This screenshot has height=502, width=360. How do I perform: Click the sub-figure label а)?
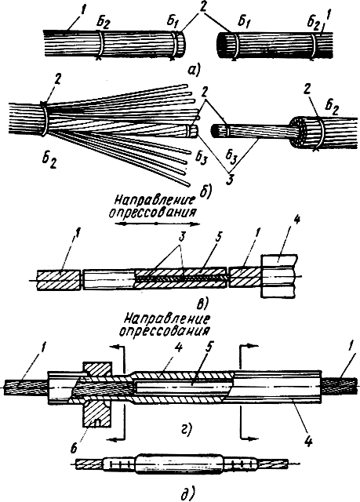194,69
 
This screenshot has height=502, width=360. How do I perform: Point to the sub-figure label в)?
202,303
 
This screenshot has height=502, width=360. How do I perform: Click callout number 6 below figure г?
73,448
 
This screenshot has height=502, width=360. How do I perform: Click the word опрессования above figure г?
165,331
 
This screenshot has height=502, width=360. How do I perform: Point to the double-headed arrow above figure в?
157,223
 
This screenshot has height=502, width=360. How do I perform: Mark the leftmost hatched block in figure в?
59,281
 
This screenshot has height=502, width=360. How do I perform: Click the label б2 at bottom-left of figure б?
49,161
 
